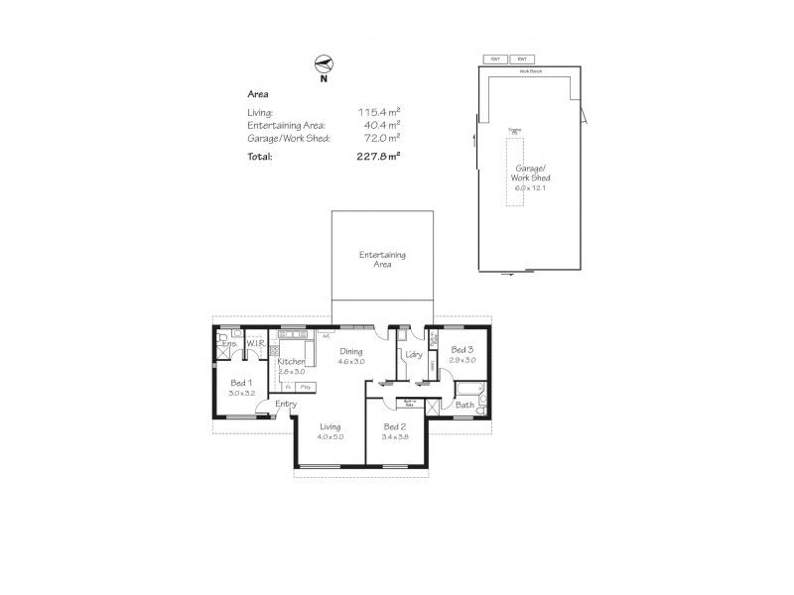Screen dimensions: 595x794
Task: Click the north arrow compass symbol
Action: coord(322,63)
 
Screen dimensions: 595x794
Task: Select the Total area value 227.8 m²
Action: coord(378,156)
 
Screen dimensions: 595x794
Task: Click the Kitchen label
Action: coord(291,362)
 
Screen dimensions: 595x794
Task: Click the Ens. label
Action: coord(228,344)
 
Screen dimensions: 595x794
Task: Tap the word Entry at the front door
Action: coord(286,404)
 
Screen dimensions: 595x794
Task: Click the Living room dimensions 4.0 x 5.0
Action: coord(330,436)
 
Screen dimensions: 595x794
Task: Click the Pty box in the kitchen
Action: coord(306,387)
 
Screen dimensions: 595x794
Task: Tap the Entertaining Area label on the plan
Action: coord(382,260)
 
